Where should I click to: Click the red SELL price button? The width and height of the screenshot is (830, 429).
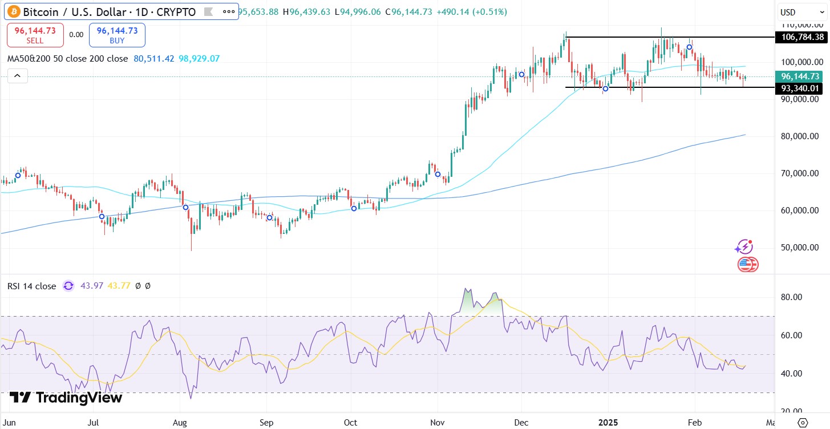(35, 35)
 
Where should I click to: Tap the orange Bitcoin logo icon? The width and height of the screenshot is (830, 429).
(13, 11)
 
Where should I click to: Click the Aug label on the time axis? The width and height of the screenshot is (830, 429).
(180, 422)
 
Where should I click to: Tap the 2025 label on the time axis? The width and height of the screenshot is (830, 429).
(608, 422)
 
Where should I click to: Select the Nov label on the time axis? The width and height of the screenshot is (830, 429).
(437, 422)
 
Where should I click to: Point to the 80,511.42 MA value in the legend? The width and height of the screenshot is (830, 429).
(153, 59)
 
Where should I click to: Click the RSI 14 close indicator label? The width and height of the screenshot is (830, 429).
(32, 286)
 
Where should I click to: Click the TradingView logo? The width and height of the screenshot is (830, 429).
(66, 398)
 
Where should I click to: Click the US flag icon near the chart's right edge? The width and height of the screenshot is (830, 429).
(747, 265)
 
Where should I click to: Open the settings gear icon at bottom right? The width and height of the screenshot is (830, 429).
(803, 422)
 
